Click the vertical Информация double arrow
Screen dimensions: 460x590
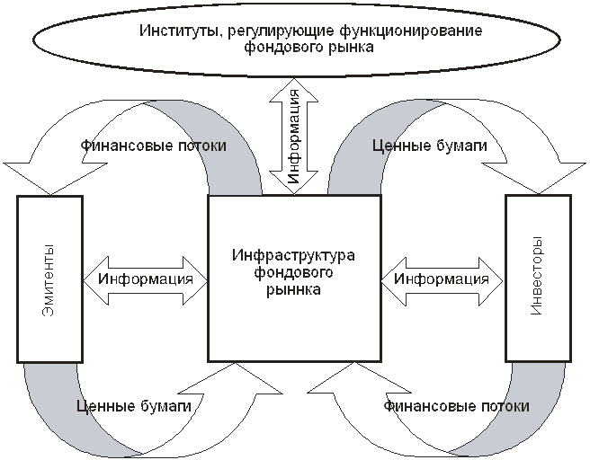click(x=294, y=135)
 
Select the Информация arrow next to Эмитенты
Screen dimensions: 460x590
click(x=146, y=279)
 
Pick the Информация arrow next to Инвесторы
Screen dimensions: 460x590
click(x=442, y=279)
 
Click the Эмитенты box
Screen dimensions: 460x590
click(x=49, y=278)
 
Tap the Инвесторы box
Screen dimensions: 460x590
click(x=538, y=278)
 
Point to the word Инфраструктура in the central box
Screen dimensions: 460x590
click(x=293, y=257)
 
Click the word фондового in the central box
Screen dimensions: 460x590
click(x=293, y=273)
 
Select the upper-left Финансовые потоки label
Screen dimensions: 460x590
click(x=153, y=145)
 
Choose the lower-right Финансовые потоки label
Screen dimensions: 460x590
click(x=456, y=406)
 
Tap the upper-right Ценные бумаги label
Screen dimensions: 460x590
click(x=429, y=145)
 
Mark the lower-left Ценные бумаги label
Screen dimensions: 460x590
click(x=135, y=406)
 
